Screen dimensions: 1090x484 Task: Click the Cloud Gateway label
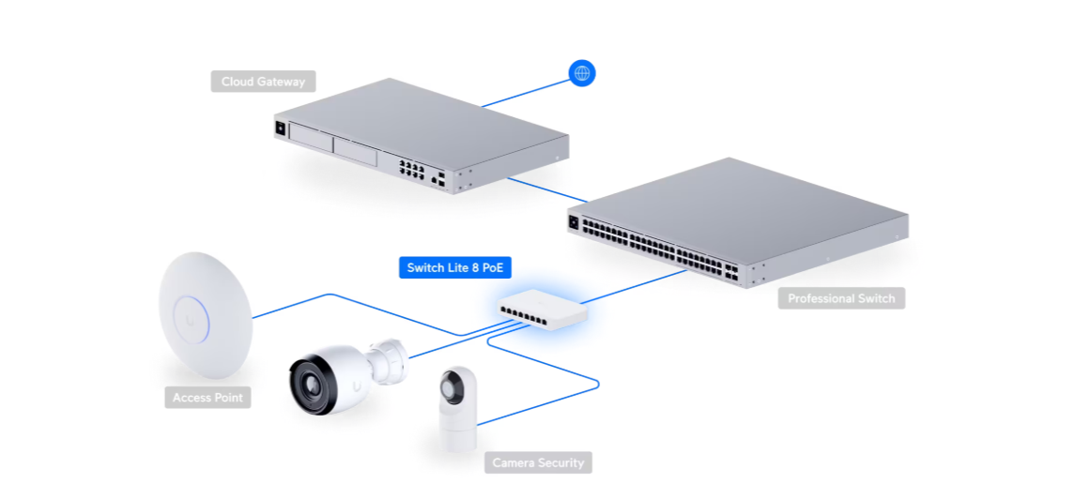pos(264,82)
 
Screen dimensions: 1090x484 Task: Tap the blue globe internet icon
pos(582,73)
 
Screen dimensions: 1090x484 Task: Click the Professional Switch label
pos(841,298)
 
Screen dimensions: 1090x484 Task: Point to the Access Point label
pos(207,398)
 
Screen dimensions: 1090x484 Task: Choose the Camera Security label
pos(538,462)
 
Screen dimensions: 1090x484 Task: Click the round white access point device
pos(205,315)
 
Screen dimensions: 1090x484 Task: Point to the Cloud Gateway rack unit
pos(420,135)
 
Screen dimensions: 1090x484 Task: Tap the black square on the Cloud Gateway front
pos(280,129)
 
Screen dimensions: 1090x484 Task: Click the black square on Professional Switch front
pos(575,222)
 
